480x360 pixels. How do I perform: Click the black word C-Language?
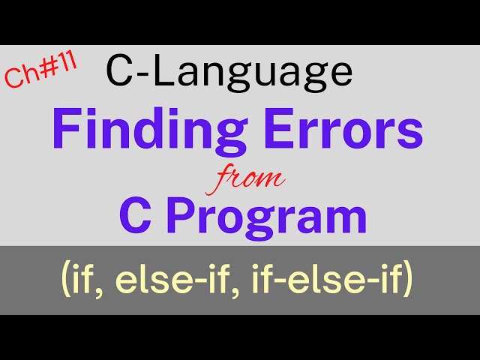[x=229, y=72]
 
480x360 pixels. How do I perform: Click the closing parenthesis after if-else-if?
[x=407, y=282]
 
